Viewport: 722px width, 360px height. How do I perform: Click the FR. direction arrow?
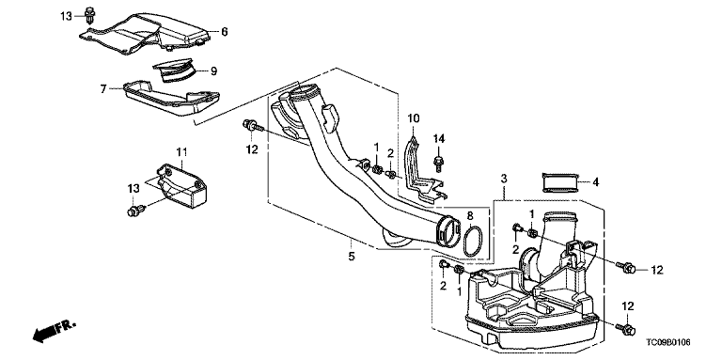tap(53, 331)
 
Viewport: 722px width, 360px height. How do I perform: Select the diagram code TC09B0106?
tap(667, 342)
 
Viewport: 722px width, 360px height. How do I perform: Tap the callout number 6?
tap(225, 32)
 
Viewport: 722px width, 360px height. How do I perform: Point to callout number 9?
tap(213, 70)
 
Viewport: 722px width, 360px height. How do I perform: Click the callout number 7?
tap(103, 88)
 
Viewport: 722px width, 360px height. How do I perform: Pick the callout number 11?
tap(181, 151)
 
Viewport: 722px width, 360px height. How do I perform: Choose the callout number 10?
tap(413, 118)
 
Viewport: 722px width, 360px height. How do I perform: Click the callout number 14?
tap(439, 138)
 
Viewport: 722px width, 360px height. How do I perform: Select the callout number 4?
tap(595, 182)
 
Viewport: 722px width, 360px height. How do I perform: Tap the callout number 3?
tap(504, 179)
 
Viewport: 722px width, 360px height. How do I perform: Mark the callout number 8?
tap(470, 215)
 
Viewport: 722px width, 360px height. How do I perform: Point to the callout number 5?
tap(352, 256)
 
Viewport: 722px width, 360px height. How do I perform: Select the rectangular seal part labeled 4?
tap(560, 182)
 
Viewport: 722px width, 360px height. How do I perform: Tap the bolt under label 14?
tap(438, 164)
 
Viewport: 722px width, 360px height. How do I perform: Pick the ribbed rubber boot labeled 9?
tap(174, 70)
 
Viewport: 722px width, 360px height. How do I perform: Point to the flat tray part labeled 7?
tap(171, 98)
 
